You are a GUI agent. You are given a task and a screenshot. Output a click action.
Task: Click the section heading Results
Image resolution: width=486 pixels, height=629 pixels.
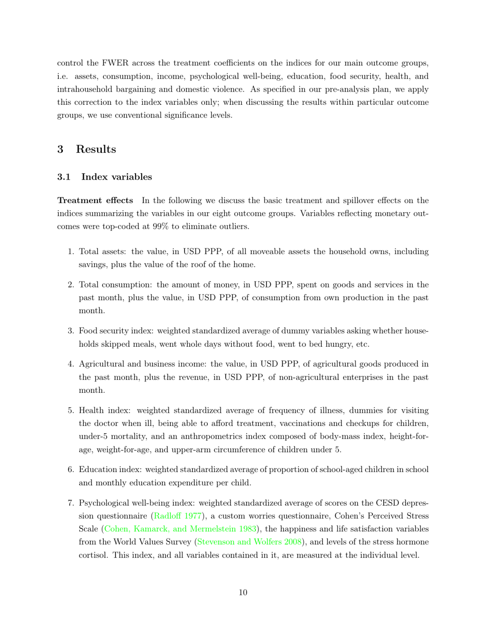[x=96, y=149]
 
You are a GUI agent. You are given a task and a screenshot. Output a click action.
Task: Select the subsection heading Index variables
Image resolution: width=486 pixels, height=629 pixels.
[x=117, y=177]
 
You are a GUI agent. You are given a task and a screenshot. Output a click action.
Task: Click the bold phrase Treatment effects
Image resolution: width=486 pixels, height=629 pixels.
[x=95, y=200]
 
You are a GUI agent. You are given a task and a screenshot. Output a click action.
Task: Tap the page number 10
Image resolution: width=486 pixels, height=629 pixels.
[x=243, y=593]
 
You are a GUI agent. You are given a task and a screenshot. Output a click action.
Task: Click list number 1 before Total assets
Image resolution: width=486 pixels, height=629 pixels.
[x=71, y=252]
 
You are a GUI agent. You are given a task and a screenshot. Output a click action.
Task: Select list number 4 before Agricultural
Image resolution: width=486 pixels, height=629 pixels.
[x=71, y=364]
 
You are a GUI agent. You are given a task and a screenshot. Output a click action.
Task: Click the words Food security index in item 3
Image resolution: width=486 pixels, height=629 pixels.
[x=111, y=331]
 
